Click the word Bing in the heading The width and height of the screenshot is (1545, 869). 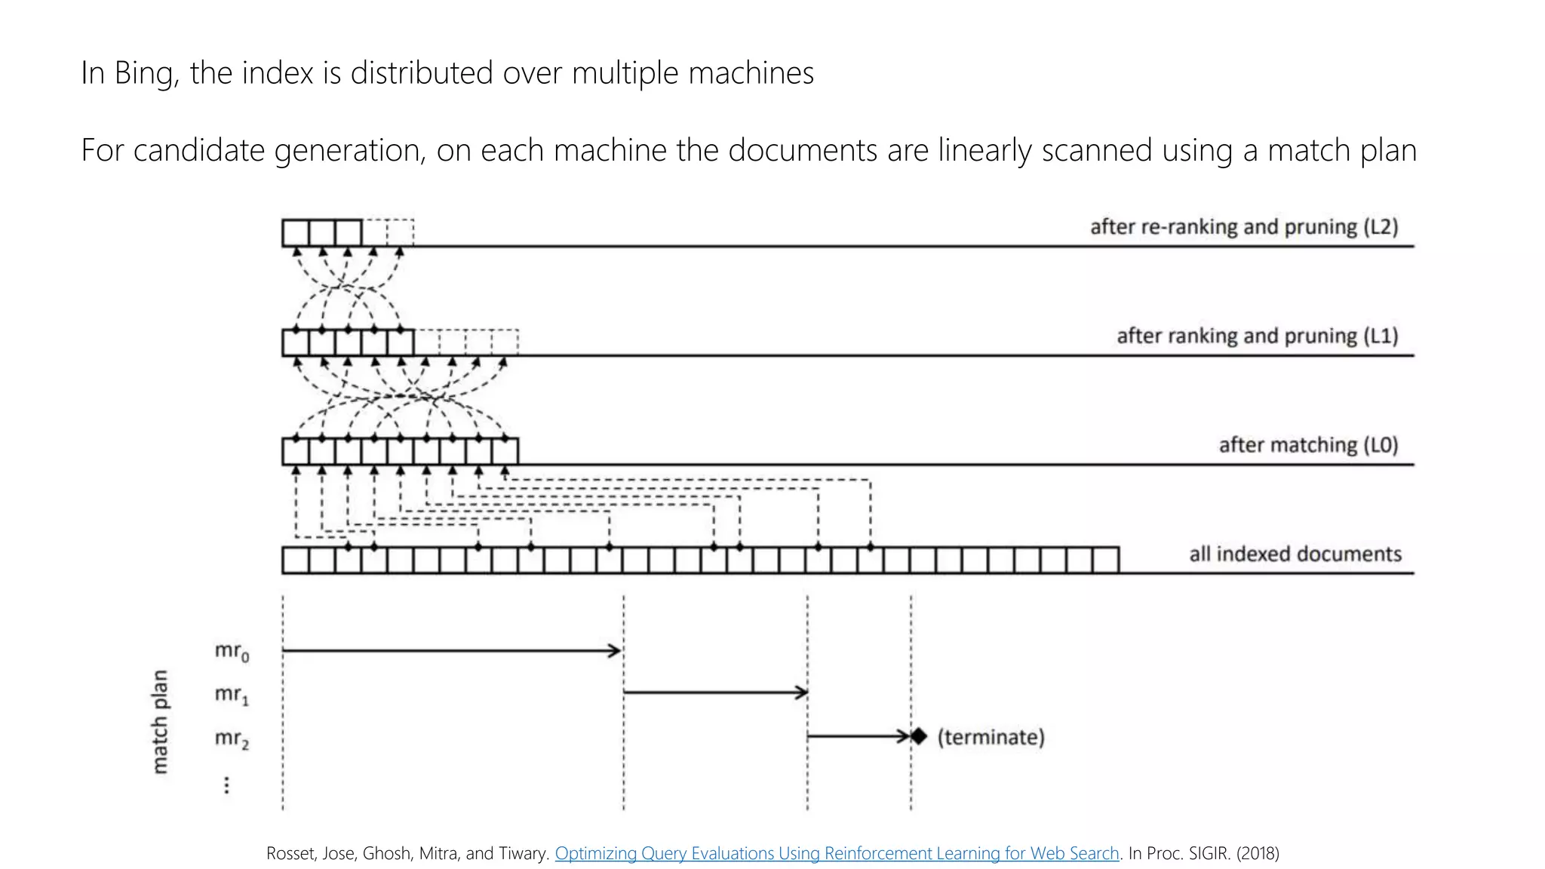(x=146, y=74)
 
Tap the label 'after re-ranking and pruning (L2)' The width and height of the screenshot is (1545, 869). (x=1243, y=227)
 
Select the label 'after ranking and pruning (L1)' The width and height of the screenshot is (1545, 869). (x=1257, y=336)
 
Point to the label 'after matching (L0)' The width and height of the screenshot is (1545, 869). (x=1308, y=445)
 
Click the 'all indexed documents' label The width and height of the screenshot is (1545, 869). (x=1295, y=554)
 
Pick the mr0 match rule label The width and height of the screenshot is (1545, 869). (x=232, y=651)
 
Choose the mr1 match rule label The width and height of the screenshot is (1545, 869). (x=232, y=694)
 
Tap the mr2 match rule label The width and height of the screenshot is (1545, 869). (x=232, y=738)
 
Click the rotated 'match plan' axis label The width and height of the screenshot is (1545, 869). (x=160, y=722)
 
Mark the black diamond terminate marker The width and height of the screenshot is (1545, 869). (x=918, y=736)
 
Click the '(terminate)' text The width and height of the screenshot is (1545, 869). (x=991, y=737)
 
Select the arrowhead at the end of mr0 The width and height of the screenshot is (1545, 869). (x=616, y=650)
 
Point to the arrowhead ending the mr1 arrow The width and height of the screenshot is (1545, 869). (x=801, y=692)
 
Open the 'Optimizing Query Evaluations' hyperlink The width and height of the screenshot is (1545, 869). (x=837, y=853)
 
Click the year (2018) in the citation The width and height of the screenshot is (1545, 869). (x=1258, y=853)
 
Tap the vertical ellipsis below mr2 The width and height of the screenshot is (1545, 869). (x=226, y=785)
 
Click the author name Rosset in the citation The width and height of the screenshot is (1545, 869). (x=290, y=853)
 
